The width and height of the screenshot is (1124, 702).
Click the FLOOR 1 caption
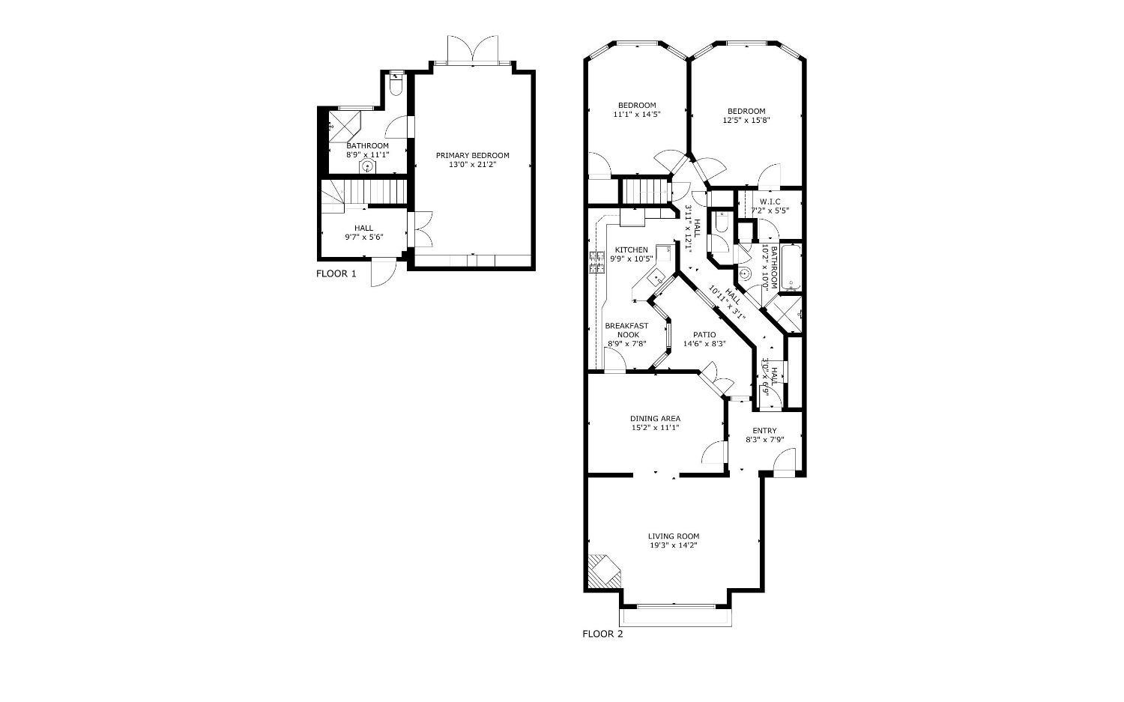click(x=336, y=274)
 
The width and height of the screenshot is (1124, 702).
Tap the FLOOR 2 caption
click(x=602, y=635)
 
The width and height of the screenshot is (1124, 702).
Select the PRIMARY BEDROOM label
click(x=472, y=156)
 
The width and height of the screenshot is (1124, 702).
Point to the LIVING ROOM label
click(x=674, y=536)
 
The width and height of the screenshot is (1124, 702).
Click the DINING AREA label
click(x=656, y=419)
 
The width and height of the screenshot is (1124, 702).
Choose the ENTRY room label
click(x=765, y=431)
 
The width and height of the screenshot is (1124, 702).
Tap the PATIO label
click(x=704, y=335)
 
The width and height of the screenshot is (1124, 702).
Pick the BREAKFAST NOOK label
click(x=626, y=330)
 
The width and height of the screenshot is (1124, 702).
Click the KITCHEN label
click(x=631, y=250)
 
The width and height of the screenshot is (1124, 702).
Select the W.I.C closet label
click(x=770, y=202)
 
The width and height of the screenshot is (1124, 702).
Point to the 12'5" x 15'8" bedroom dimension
click(x=746, y=121)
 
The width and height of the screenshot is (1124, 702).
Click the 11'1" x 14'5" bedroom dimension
click(x=637, y=115)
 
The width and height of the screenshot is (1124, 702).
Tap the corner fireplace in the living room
click(x=604, y=571)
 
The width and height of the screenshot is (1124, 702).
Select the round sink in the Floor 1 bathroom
click(x=368, y=166)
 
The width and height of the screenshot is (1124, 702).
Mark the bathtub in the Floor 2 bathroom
click(x=791, y=267)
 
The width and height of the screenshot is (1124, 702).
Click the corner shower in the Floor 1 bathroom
click(x=344, y=126)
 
